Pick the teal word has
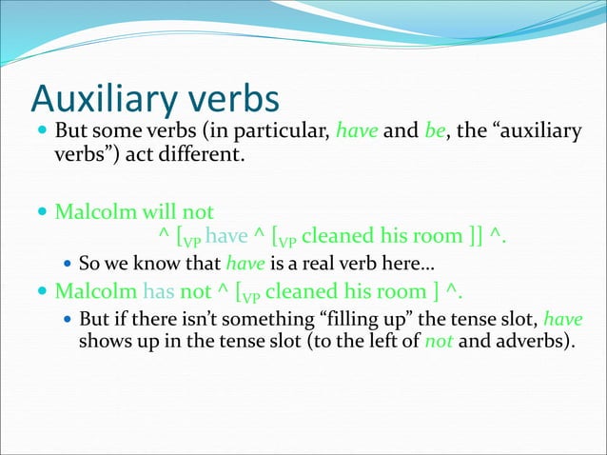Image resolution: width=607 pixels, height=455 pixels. (159, 290)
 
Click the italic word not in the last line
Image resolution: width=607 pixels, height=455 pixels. (439, 341)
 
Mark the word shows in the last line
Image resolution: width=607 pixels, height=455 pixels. (103, 341)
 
